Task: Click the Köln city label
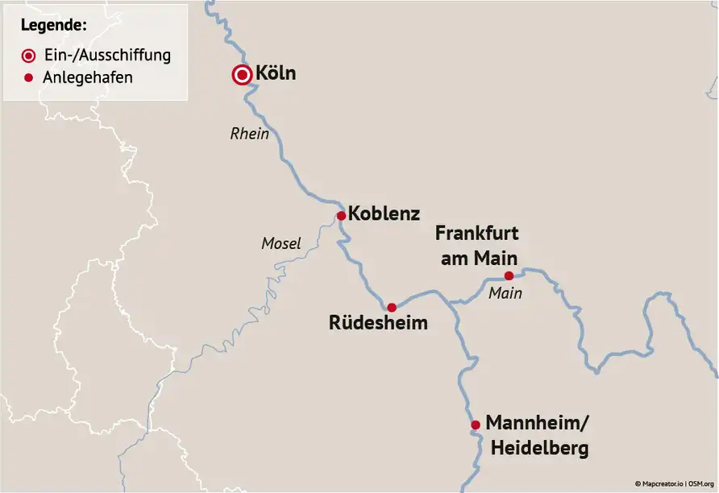tap(276, 74)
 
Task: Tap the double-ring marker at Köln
tap(241, 75)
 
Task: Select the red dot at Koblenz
tap(341, 215)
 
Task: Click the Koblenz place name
tap(384, 215)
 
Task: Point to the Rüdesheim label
tap(378, 324)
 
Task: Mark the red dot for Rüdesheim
tap(392, 307)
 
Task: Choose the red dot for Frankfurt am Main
tap(509, 275)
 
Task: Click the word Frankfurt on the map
tap(477, 234)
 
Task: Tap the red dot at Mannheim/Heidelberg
tap(476, 425)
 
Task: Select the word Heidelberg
tap(537, 449)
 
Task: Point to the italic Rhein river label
tap(250, 135)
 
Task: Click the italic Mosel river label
tap(281, 243)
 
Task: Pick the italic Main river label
tap(505, 294)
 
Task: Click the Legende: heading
tap(54, 25)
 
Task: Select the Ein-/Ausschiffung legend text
tap(107, 56)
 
